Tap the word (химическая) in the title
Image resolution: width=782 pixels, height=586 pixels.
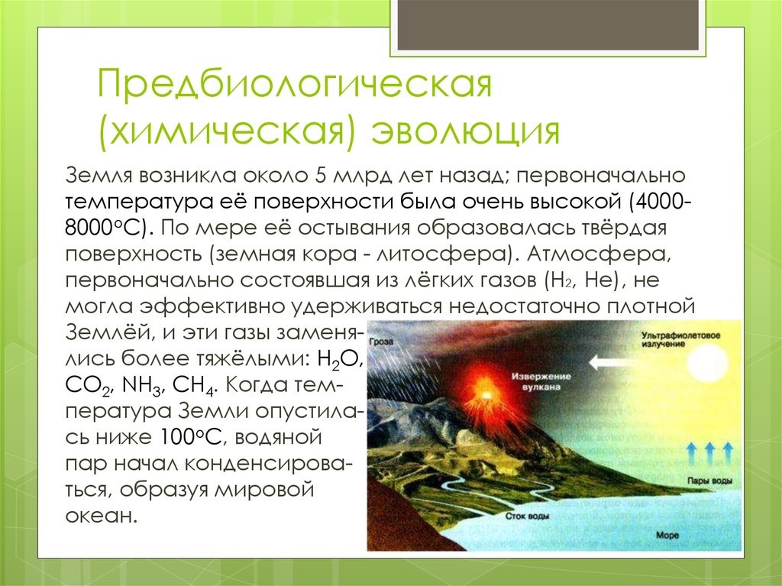pyautogui.click(x=226, y=131)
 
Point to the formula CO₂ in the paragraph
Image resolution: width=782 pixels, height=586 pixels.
pyautogui.click(x=88, y=386)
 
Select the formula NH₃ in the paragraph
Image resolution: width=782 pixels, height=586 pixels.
pyautogui.click(x=141, y=386)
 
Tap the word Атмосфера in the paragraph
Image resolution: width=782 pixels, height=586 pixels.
pyautogui.click(x=599, y=254)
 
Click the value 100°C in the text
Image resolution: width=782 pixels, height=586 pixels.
pyautogui.click(x=192, y=437)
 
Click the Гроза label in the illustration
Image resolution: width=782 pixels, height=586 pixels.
pyautogui.click(x=382, y=342)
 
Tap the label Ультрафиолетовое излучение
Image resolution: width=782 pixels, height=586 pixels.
pyautogui.click(x=680, y=339)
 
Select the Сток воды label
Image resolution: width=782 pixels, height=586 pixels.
pyautogui.click(x=527, y=516)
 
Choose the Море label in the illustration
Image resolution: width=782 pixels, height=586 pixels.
pyautogui.click(x=667, y=535)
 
